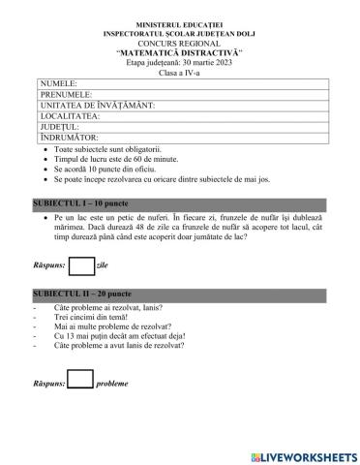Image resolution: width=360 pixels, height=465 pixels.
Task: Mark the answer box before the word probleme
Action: pyautogui.click(x=80, y=381)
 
